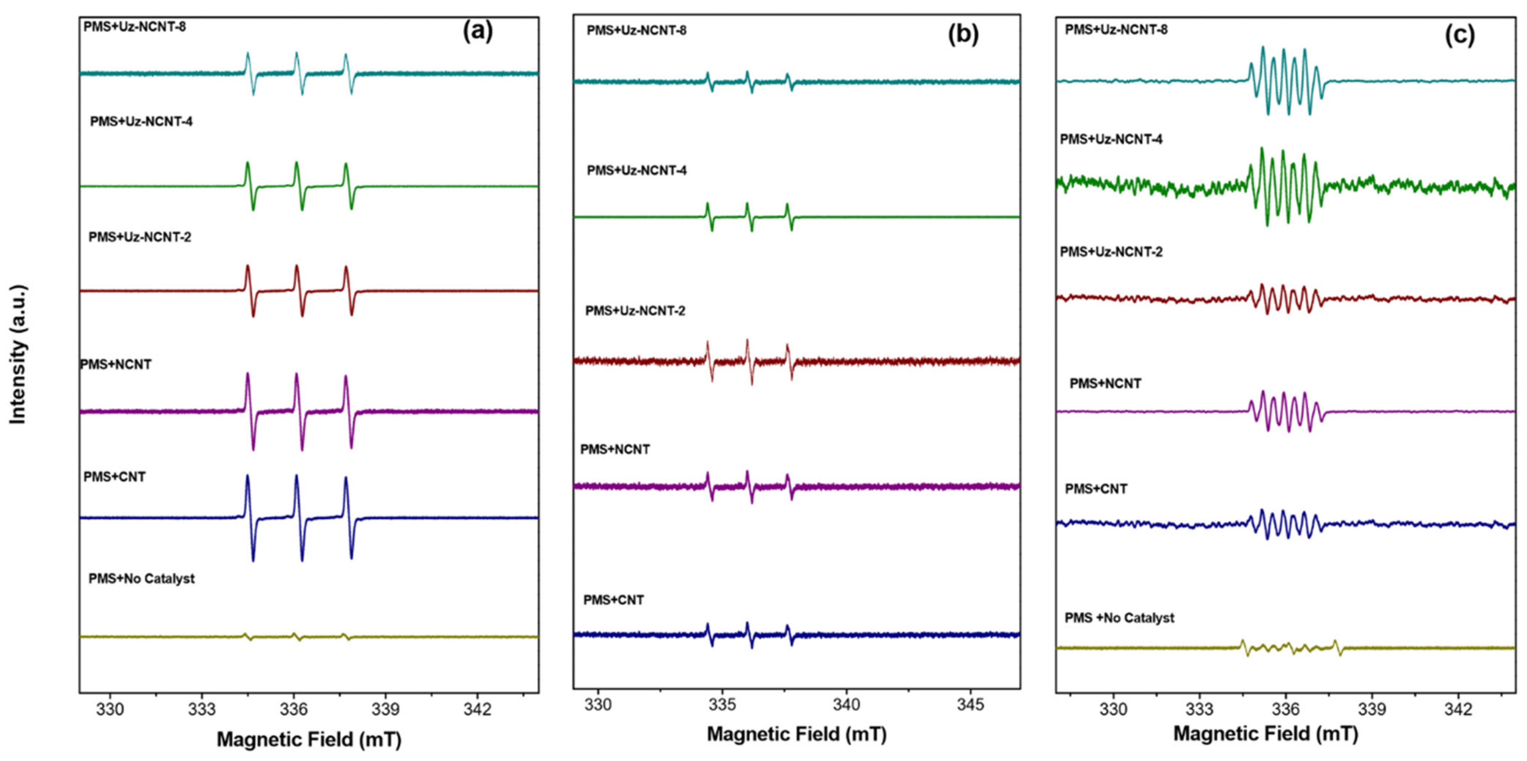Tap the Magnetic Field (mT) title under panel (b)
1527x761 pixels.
(x=797, y=734)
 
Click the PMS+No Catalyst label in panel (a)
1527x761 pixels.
(x=142, y=578)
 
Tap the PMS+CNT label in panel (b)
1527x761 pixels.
(x=613, y=600)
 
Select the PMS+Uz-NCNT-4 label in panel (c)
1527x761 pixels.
(x=1111, y=139)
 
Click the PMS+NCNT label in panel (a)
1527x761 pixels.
(x=116, y=364)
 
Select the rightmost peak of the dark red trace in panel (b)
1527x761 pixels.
(x=787, y=346)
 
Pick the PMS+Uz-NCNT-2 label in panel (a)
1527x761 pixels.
(x=140, y=237)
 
